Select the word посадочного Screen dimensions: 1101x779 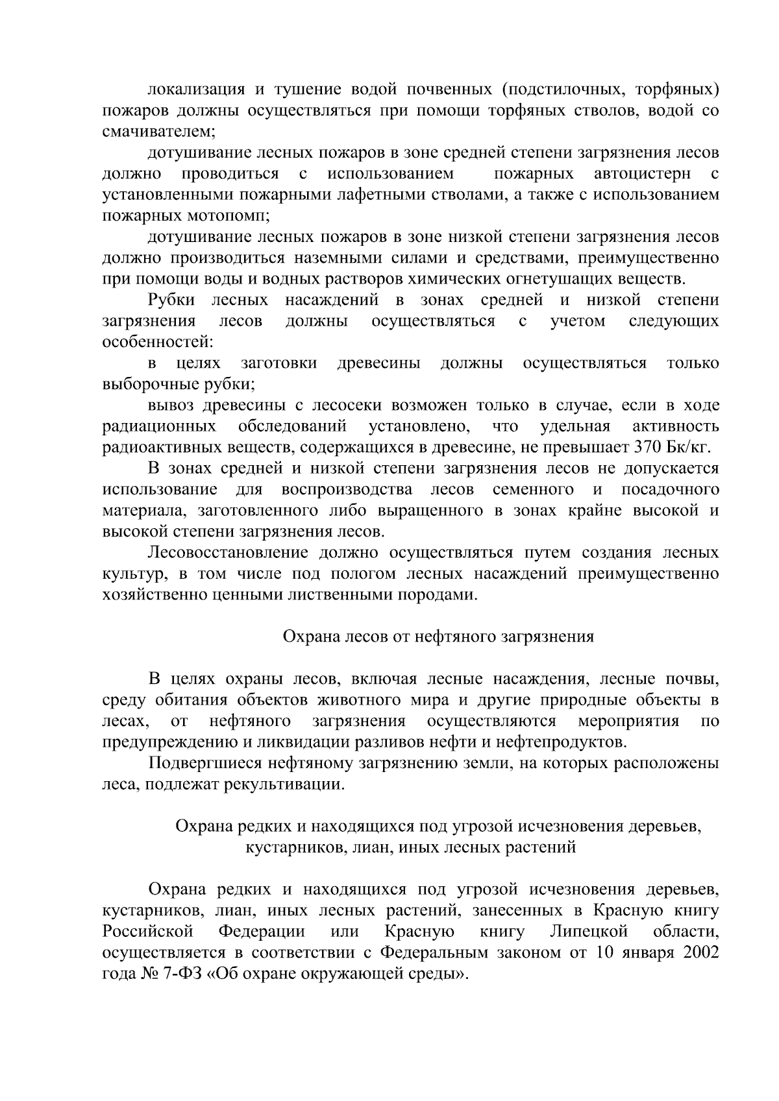point(670,489)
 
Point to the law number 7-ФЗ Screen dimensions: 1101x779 point(175,974)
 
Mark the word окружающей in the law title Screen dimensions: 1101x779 point(367,974)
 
